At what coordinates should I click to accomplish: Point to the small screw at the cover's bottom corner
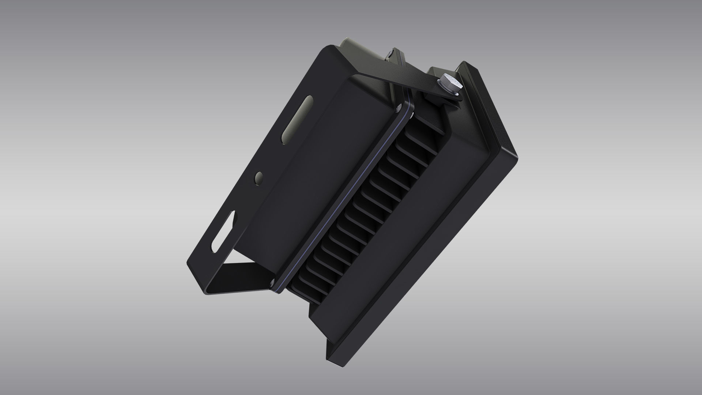(272, 281)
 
